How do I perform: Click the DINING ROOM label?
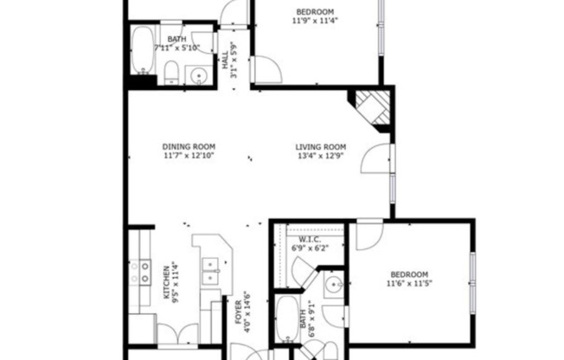tap(189, 146)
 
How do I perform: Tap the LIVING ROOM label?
tap(320, 146)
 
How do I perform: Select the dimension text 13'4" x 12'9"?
tap(320, 157)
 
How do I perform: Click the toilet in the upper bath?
tap(171, 73)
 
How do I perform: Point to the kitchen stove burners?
tap(140, 273)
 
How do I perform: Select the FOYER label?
tap(238, 316)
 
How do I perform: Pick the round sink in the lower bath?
tap(334, 284)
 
